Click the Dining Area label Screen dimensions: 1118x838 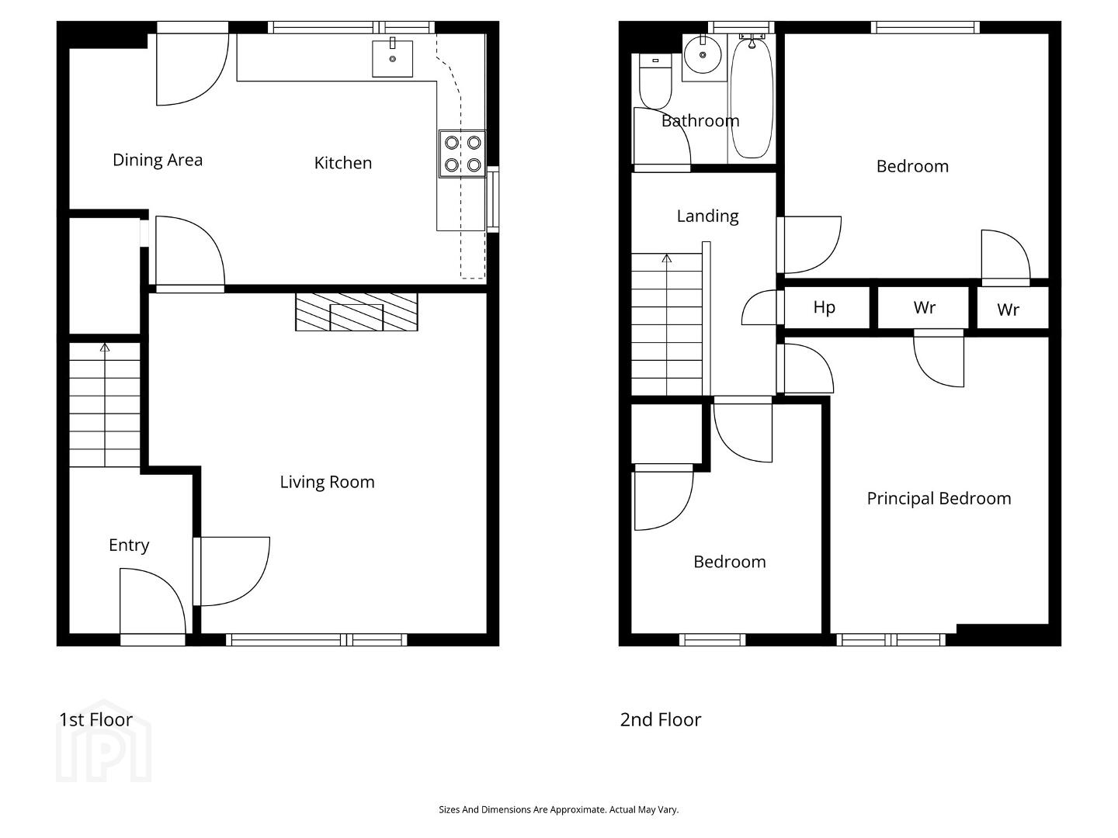tap(158, 160)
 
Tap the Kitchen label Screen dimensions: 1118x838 tap(343, 163)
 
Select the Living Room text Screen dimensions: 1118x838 tap(327, 482)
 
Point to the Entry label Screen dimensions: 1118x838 tap(129, 545)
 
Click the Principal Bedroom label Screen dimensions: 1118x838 tap(939, 499)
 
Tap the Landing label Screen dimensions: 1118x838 tap(707, 216)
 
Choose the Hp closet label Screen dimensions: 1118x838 tap(824, 307)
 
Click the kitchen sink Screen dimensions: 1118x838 tap(392, 58)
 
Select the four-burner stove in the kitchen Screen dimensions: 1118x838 tap(463, 154)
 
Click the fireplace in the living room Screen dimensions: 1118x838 tap(356, 312)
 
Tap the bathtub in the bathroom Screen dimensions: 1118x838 tap(752, 97)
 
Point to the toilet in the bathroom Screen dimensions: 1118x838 tap(655, 81)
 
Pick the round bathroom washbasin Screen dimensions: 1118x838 tap(703, 54)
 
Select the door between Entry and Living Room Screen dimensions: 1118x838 tap(231, 571)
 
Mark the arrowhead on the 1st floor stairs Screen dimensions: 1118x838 tap(105, 348)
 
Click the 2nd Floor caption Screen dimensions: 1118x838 tap(660, 720)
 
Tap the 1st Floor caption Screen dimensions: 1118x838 tap(95, 720)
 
